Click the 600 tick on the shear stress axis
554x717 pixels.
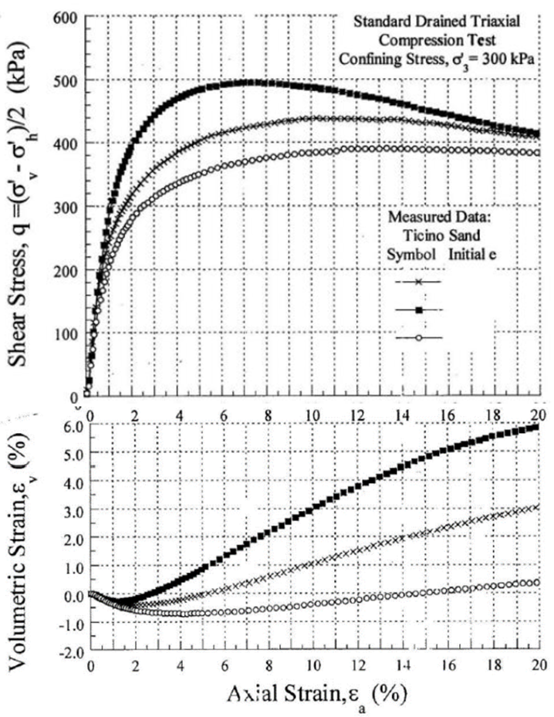pyautogui.click(x=65, y=17)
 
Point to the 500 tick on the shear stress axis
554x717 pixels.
pyautogui.click(x=65, y=80)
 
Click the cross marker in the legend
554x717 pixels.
pyautogui.click(x=418, y=282)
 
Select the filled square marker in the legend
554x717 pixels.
pyautogui.click(x=418, y=309)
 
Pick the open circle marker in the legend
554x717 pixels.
pyautogui.click(x=418, y=337)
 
